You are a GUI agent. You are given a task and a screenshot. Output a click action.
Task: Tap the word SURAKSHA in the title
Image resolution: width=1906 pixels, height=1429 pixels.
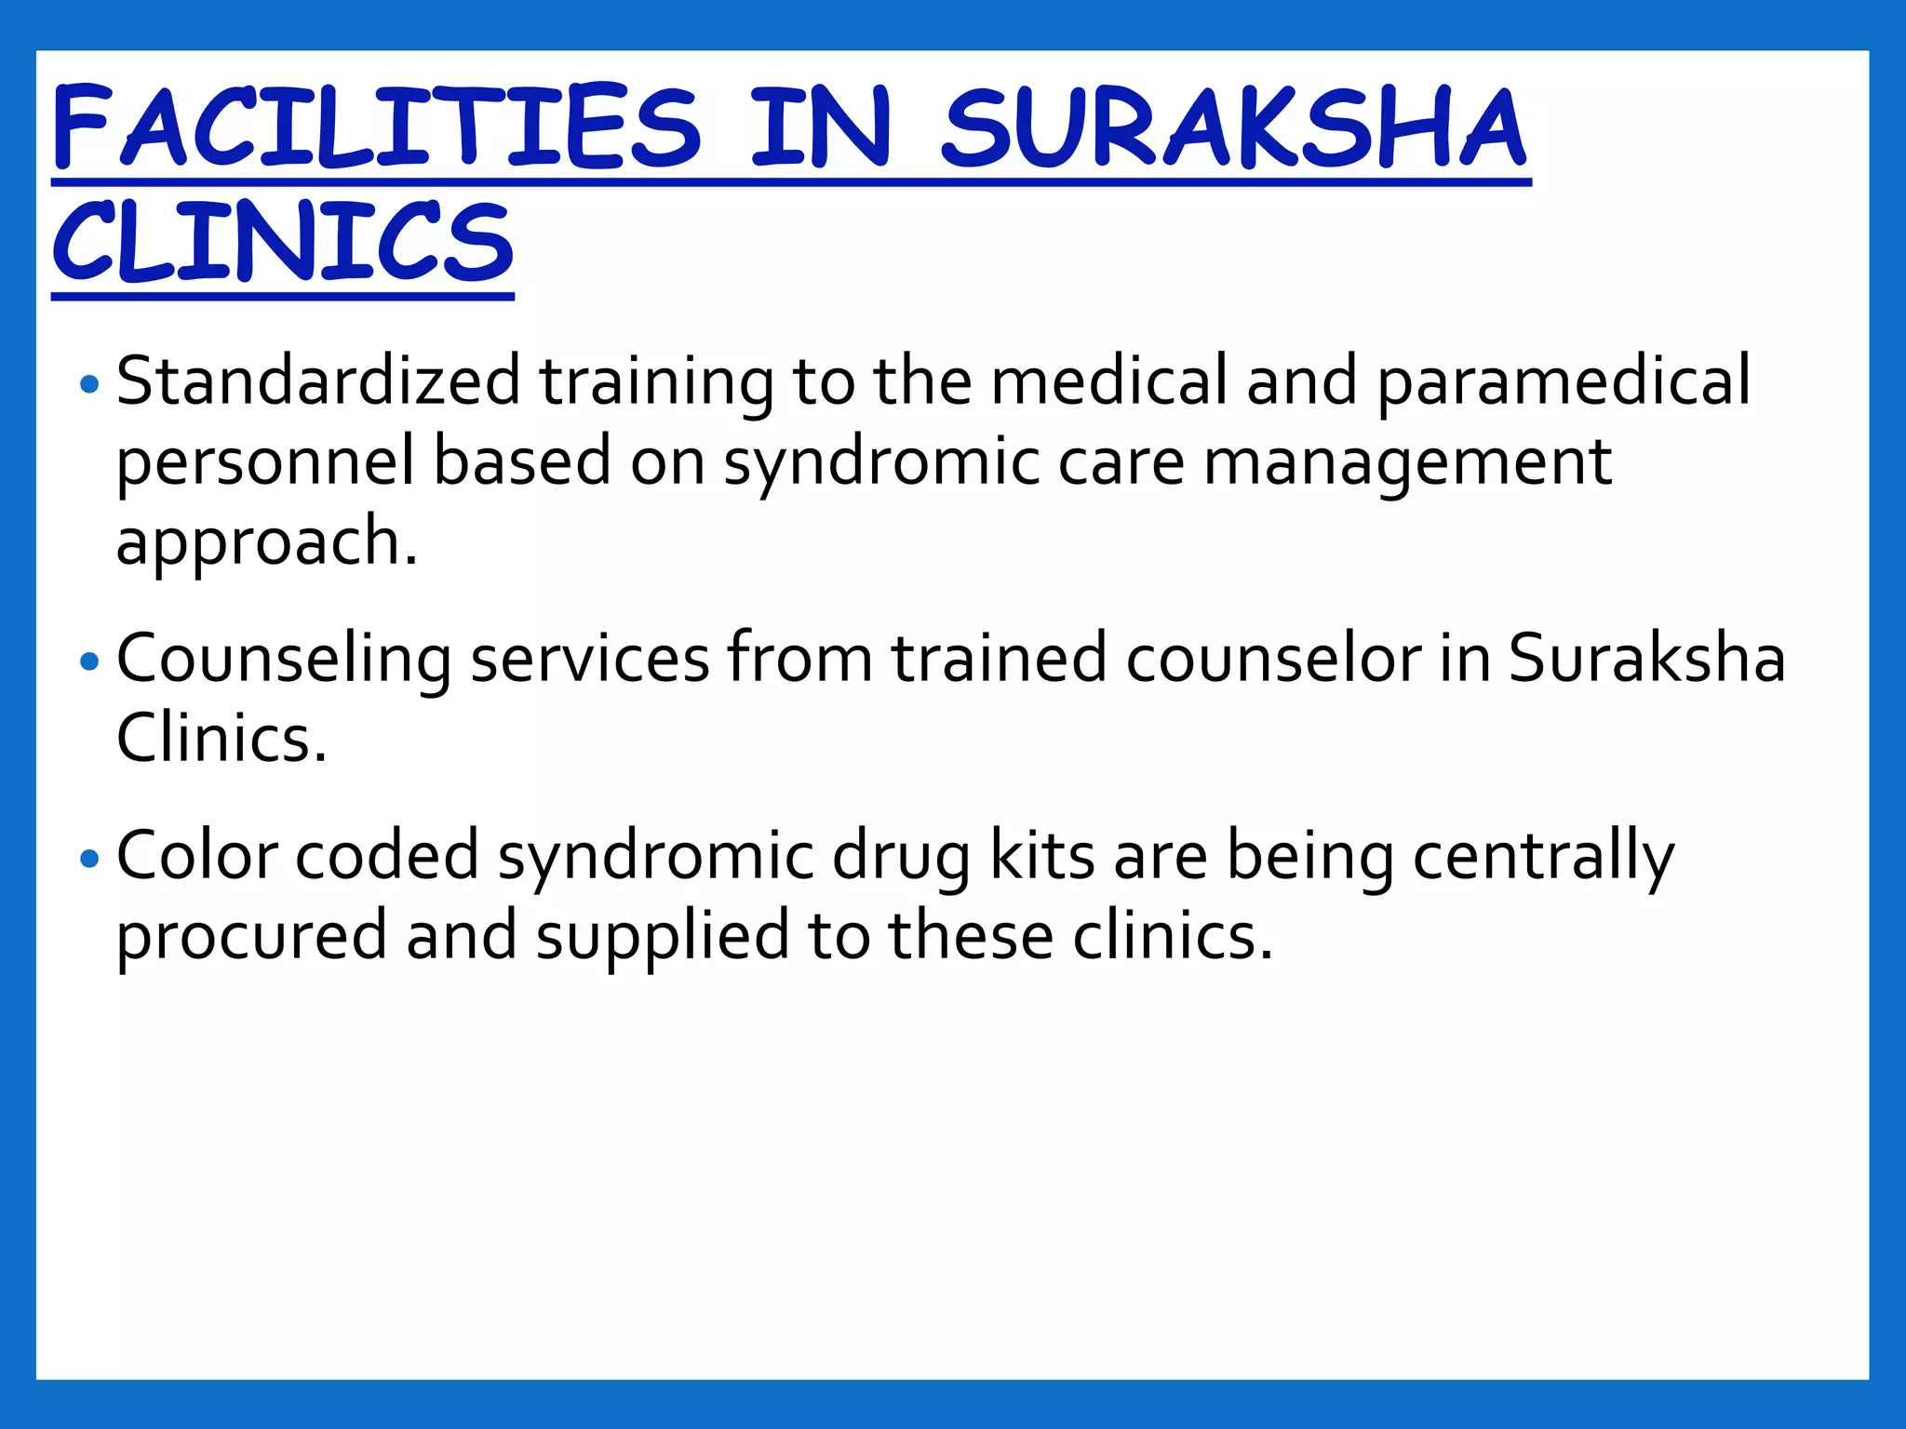[1234, 127]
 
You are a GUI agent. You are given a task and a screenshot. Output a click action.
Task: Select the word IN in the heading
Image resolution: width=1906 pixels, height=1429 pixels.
[820, 127]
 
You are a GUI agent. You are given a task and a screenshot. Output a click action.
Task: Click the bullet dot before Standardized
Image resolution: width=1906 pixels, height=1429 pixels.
[89, 383]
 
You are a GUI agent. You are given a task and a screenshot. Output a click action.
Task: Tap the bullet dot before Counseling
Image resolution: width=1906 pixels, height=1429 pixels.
[89, 661]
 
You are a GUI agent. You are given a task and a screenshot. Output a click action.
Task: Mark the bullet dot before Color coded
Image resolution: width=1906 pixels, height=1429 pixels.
[89, 858]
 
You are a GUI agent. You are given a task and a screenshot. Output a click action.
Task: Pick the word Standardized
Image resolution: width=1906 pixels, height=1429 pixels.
[318, 381]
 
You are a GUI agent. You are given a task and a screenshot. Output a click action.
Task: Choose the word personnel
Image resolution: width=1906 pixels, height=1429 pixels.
[265, 462]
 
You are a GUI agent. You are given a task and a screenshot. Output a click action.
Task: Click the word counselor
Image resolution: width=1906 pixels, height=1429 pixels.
[1273, 660]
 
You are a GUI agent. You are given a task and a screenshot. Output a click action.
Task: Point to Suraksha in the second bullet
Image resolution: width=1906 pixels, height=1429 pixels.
[1646, 660]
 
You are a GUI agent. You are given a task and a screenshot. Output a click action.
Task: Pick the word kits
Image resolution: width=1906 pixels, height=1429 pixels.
[1041, 856]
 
